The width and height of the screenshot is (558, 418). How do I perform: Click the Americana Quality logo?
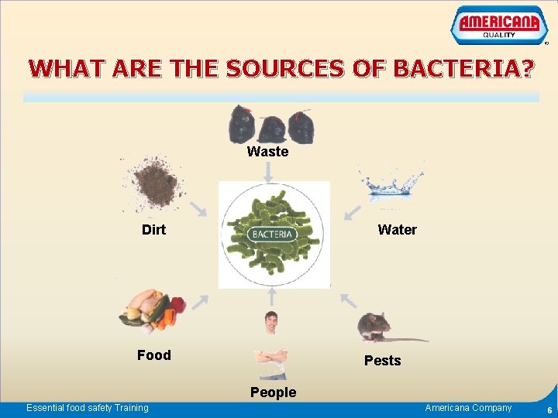point(498,26)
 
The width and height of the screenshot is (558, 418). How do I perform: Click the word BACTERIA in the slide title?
point(463,70)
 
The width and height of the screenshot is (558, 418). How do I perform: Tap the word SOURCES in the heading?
point(297,70)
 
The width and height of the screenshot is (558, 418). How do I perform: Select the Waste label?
point(267,152)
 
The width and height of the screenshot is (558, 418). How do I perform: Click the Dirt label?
point(153,230)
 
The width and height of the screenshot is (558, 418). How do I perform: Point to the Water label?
point(397,230)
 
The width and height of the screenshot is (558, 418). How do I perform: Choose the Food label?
point(153,355)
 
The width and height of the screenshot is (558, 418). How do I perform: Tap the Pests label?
point(382,361)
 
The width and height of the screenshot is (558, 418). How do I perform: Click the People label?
point(273,392)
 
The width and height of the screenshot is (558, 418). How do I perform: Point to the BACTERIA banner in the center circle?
point(272,235)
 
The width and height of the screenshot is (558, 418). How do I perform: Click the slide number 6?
point(549,410)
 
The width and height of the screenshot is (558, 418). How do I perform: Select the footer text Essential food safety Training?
point(88,408)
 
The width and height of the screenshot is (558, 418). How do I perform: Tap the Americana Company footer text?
point(468,408)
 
